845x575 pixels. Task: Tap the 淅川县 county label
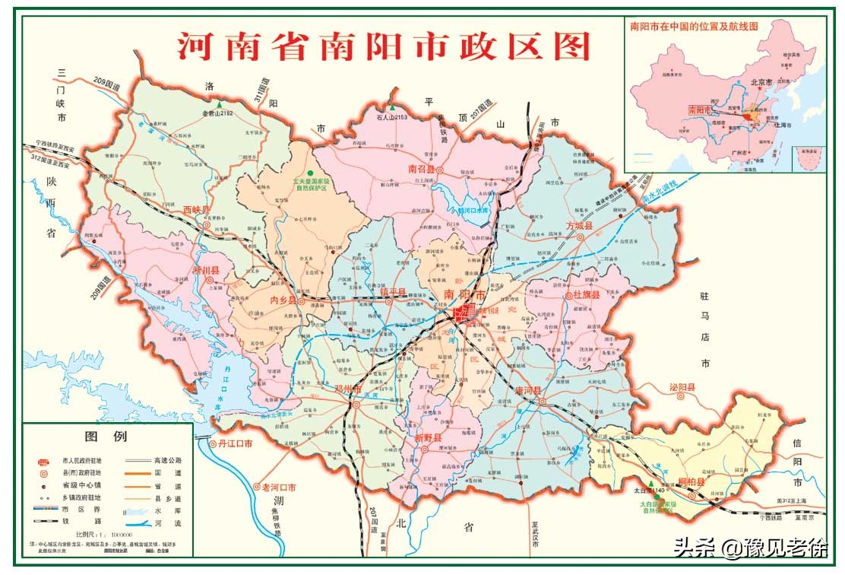click(x=205, y=270)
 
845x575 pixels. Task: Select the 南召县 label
click(x=421, y=169)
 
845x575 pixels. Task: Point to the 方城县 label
click(x=583, y=226)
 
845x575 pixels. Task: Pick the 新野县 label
click(x=428, y=438)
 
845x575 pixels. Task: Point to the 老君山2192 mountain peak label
click(x=217, y=113)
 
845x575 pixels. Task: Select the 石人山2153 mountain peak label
click(x=392, y=117)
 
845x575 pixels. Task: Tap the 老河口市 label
click(x=278, y=487)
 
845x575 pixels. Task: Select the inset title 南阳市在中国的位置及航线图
click(x=694, y=26)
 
